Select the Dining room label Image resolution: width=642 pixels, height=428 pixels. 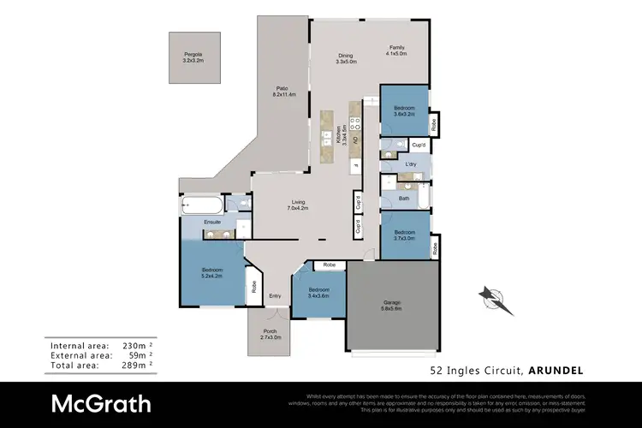click(x=345, y=58)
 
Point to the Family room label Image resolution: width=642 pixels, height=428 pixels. click(x=395, y=51)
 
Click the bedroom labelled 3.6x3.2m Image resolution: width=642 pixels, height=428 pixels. click(x=404, y=110)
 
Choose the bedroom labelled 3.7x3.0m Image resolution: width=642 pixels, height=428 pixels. click(x=404, y=235)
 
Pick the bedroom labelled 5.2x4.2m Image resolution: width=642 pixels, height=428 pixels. click(x=212, y=271)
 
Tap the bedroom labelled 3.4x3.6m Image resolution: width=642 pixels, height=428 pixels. click(x=318, y=292)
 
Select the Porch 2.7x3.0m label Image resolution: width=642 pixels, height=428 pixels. click(x=270, y=335)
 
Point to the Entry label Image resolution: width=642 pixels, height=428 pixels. click(x=275, y=296)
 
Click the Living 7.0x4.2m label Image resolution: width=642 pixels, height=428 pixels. click(x=298, y=205)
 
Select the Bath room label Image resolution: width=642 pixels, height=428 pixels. click(x=403, y=199)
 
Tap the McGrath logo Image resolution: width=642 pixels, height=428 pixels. click(x=101, y=403)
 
